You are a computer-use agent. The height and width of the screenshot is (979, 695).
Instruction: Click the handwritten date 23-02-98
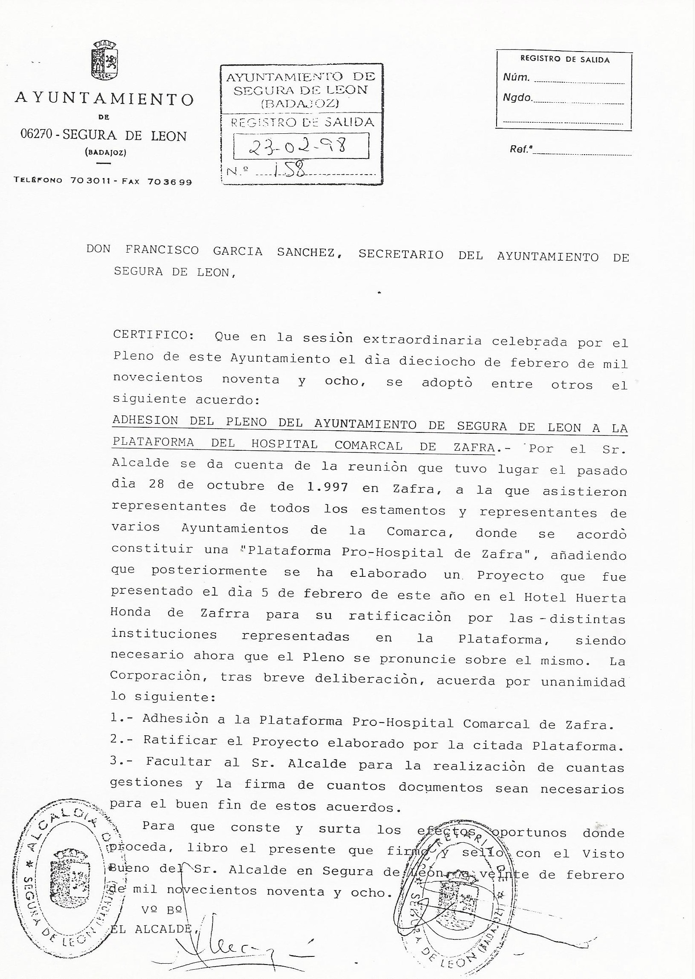tap(298, 147)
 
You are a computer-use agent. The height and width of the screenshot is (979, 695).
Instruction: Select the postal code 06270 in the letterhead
tap(36, 135)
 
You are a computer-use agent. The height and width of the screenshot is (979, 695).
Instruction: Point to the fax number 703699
tap(169, 181)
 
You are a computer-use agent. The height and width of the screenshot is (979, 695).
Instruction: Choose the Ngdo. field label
tap(517, 98)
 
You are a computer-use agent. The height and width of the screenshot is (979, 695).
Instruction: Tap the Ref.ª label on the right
tap(521, 150)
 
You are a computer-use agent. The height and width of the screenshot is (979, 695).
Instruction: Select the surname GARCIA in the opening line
tap(238, 251)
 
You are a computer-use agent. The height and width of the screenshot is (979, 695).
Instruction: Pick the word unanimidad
tap(583, 682)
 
